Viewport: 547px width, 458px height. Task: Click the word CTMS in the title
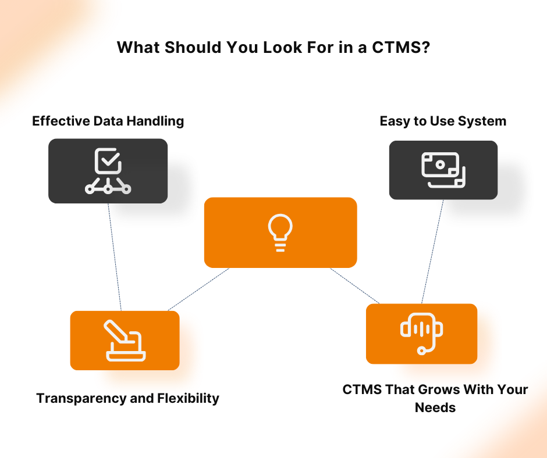point(396,47)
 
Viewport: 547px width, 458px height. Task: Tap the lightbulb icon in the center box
point(280,232)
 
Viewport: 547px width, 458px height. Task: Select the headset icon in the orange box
point(421,334)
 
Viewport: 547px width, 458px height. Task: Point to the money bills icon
point(443,170)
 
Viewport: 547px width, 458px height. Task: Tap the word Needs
point(435,407)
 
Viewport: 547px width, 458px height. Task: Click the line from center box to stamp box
point(198,289)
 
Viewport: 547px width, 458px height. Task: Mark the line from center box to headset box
point(355,286)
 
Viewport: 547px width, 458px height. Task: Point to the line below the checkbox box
point(115,256)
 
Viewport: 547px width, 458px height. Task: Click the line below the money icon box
point(432,252)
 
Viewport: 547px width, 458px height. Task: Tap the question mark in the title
point(427,47)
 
